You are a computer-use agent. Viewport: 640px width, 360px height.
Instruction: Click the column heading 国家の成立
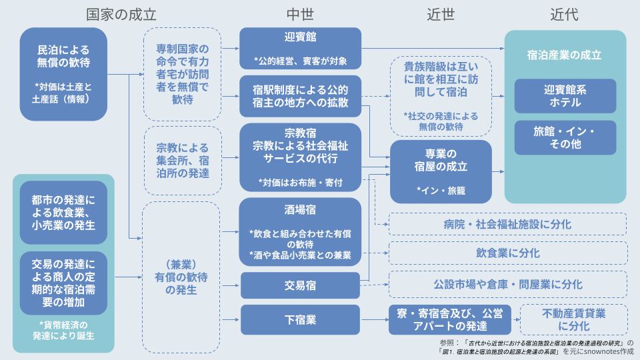click(121, 15)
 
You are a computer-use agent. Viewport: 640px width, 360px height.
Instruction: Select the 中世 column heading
click(300, 15)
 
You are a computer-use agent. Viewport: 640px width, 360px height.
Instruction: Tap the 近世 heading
click(441, 15)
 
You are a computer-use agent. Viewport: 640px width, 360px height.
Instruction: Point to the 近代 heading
click(565, 15)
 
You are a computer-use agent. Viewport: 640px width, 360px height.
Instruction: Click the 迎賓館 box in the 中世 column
click(301, 48)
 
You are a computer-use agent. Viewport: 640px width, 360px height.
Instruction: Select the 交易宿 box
click(301, 286)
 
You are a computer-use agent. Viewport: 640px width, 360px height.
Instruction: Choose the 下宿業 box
click(301, 319)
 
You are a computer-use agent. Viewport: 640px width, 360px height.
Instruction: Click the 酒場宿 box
click(301, 232)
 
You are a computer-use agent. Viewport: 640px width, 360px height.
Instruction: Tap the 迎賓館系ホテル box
click(565, 96)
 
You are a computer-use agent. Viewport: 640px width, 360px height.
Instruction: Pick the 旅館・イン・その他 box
click(565, 137)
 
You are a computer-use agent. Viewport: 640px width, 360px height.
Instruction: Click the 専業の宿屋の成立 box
click(441, 172)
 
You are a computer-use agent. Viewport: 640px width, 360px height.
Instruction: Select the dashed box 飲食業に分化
click(508, 253)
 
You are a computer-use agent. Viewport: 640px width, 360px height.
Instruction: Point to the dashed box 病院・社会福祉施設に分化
click(507, 224)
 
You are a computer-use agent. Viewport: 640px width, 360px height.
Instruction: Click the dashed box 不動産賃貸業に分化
click(574, 319)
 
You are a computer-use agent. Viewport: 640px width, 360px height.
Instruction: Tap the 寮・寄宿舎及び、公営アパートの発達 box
click(450, 319)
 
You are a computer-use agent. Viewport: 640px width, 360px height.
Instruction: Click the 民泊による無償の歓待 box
click(64, 74)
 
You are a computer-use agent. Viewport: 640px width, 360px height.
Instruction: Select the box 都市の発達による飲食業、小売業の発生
click(64, 213)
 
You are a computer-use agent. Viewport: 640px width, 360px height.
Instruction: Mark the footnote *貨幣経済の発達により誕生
click(64, 330)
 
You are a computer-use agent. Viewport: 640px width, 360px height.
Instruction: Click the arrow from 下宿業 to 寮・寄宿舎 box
click(374, 319)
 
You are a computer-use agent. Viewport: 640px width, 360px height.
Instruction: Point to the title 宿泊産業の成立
click(565, 55)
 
